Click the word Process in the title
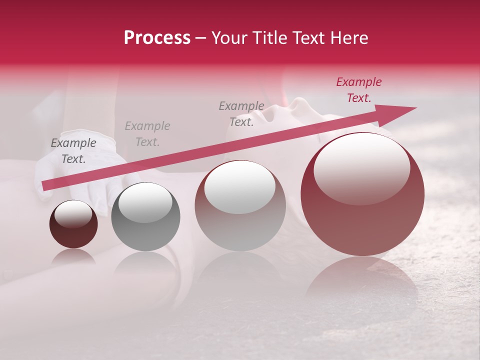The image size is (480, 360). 157,38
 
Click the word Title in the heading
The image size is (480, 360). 269,38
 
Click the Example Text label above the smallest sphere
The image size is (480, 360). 73,151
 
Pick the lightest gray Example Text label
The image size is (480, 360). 147,134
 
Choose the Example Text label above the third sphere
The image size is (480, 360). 241,113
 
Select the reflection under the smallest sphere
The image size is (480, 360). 73,257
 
